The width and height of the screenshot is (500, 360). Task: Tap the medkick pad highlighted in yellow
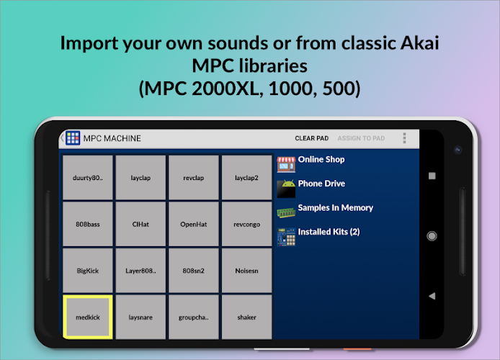(88, 317)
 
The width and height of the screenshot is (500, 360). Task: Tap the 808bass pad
(88, 224)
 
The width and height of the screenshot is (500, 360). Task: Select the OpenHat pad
(194, 224)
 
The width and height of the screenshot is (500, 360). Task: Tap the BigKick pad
(88, 271)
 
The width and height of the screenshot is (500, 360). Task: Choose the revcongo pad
(246, 224)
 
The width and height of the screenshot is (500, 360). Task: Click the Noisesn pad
(246, 271)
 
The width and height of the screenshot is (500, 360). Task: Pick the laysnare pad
(140, 317)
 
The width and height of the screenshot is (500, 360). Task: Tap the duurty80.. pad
(88, 177)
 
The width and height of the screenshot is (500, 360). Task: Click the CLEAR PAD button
(311, 138)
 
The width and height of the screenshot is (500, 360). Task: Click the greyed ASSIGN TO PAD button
(361, 138)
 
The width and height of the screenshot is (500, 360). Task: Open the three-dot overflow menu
(404, 138)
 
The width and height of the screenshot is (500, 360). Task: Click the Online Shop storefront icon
(286, 164)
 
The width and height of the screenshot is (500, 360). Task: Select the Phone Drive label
(321, 184)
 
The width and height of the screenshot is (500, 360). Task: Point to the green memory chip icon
(286, 212)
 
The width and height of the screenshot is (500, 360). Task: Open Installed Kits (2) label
(329, 232)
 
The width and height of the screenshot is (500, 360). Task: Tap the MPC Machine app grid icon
(73, 138)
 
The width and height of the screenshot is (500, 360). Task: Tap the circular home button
(432, 236)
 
